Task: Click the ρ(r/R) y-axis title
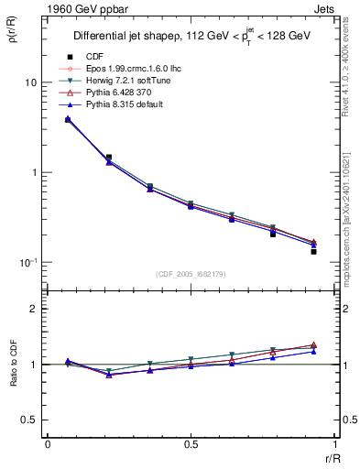tap(12, 37)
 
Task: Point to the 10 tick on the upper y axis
tap(29, 82)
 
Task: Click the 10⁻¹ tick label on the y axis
tap(27, 262)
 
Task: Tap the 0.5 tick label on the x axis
tap(191, 445)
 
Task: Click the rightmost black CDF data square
tap(313, 251)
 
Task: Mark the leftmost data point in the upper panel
tap(68, 119)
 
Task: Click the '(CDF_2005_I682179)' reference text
tap(191, 274)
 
